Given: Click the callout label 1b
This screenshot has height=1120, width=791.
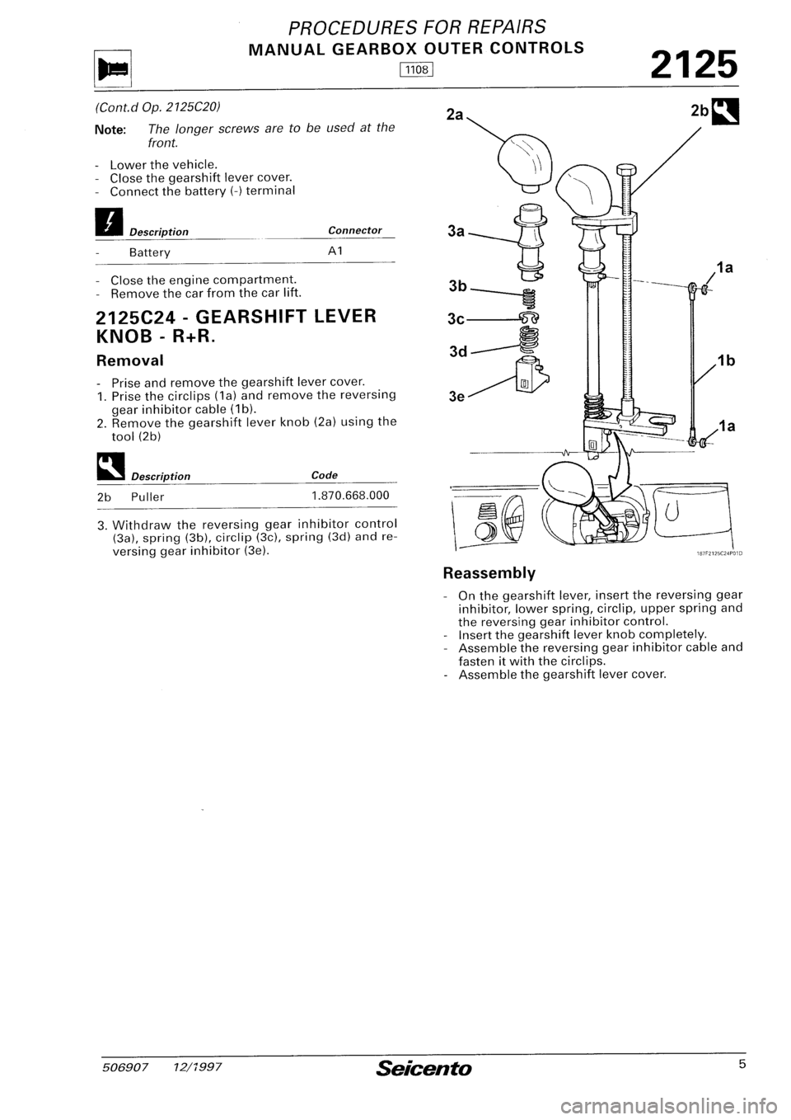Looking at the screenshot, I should point(726,360).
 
